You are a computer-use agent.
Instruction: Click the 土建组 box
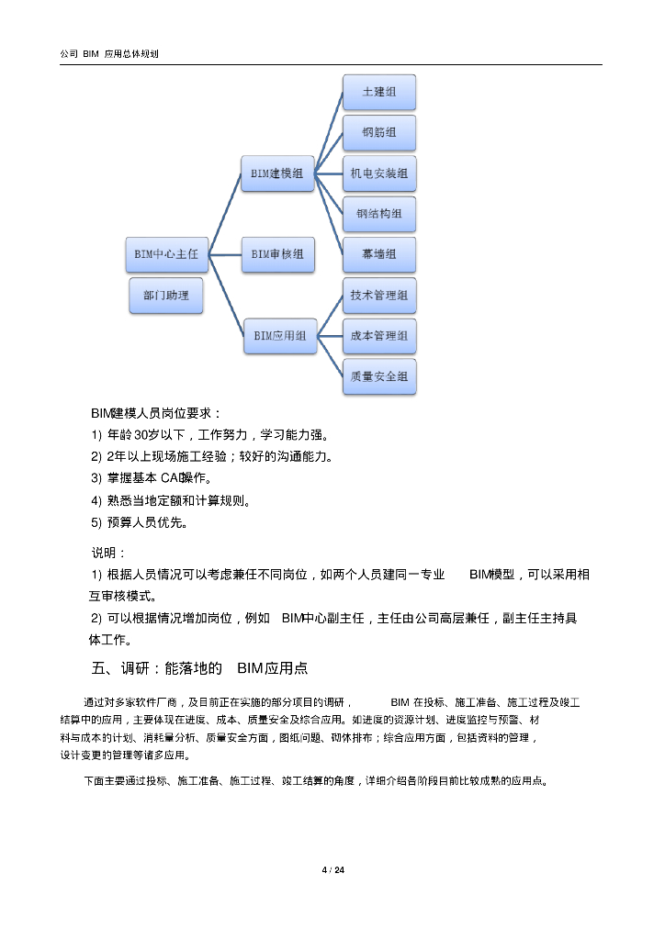coord(378,93)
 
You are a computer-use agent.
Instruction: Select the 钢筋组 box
coord(378,133)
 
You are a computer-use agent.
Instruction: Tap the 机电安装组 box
coord(378,173)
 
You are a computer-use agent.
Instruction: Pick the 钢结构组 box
coord(378,215)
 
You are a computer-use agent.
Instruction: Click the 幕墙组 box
coord(378,254)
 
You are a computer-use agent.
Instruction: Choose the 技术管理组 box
coord(378,296)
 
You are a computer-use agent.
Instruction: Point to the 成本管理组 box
coord(378,337)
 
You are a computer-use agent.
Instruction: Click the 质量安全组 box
coord(378,376)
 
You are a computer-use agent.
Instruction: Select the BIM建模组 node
coord(277,173)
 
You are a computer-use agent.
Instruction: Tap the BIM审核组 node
coord(277,254)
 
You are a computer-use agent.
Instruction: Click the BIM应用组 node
coord(280,336)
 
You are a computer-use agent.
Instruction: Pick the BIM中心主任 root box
coord(166,254)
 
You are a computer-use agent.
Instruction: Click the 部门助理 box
coord(166,297)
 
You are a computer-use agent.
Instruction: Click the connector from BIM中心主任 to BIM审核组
coord(225,254)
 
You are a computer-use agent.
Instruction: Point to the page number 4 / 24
coord(332,870)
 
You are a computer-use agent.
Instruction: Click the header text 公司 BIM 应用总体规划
coord(109,54)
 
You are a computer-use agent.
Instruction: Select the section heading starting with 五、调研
coord(199,667)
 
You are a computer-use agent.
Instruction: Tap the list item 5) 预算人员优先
coord(139,523)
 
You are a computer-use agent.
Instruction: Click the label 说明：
coord(107,553)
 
